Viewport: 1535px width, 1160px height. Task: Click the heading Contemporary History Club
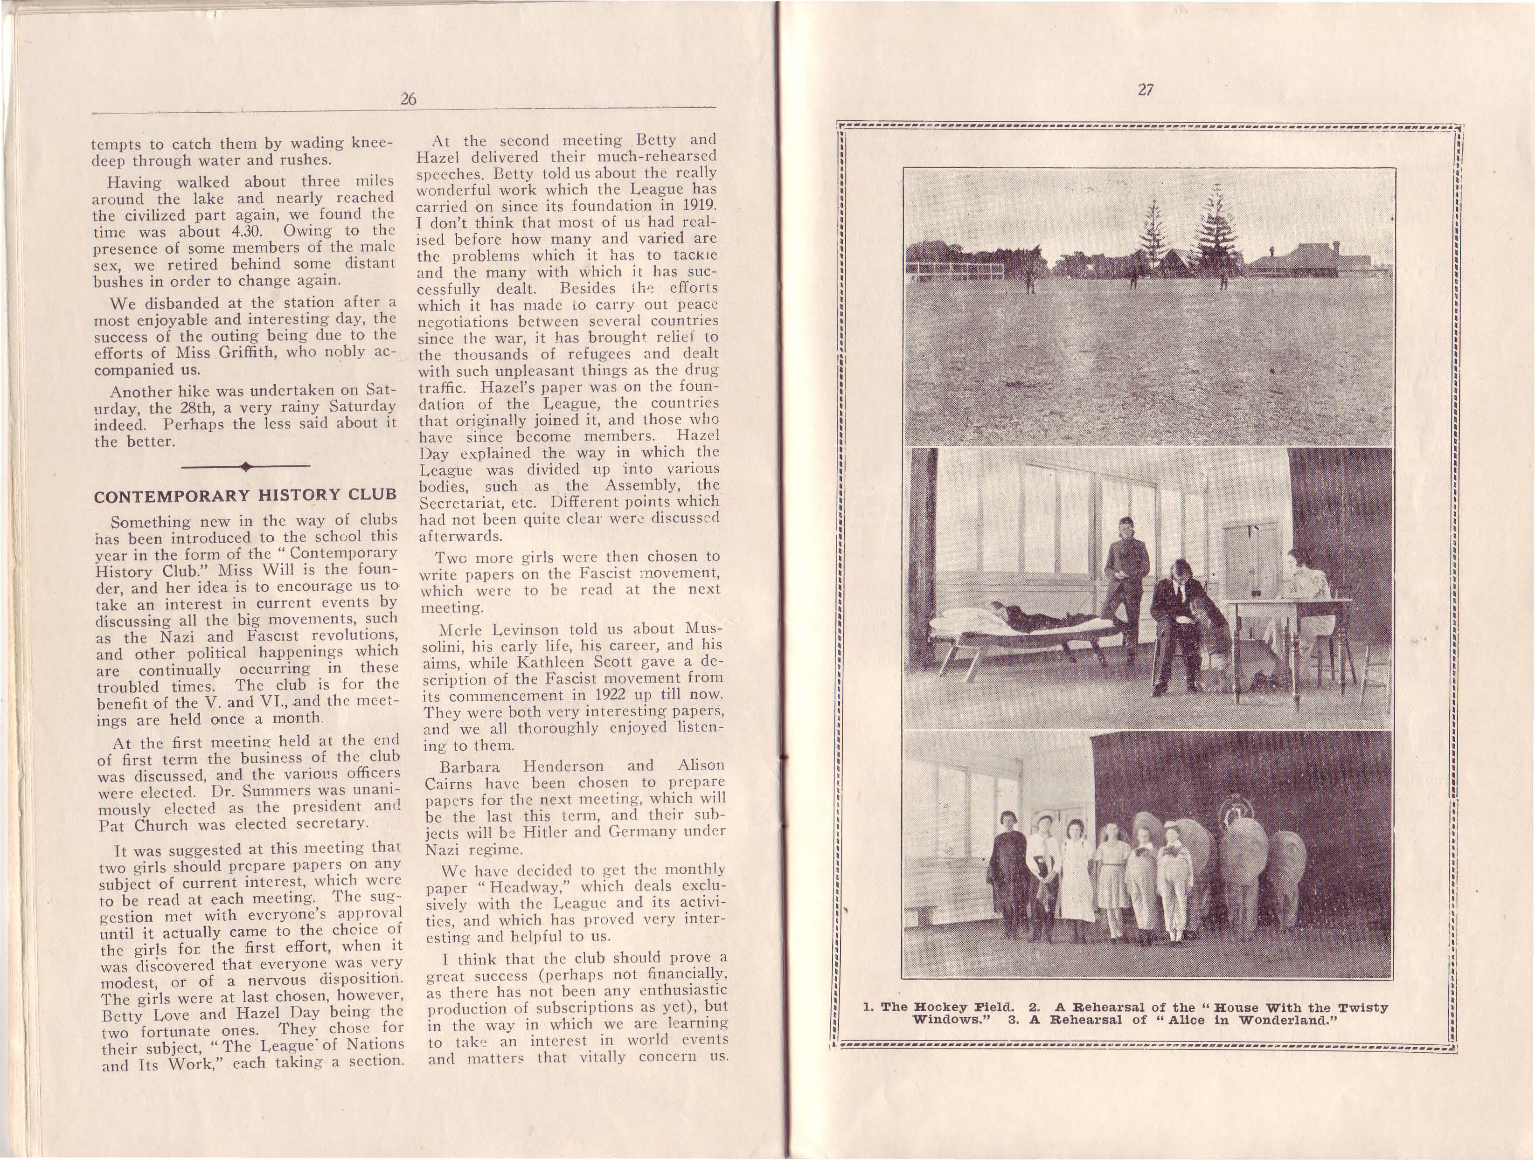pyautogui.click(x=245, y=495)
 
